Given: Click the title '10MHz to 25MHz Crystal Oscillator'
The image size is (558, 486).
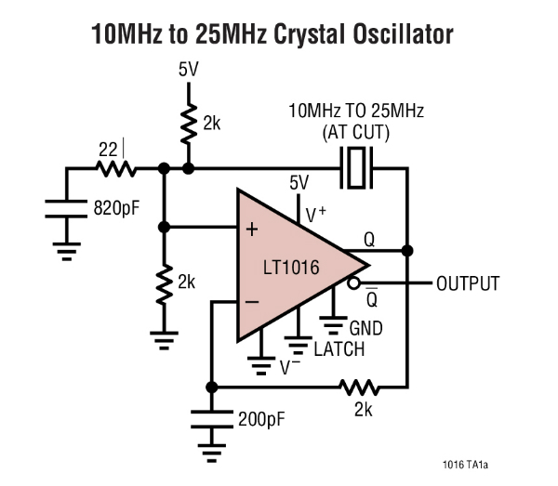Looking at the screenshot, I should click(272, 35).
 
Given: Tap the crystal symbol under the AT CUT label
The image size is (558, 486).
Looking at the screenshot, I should click(356, 168).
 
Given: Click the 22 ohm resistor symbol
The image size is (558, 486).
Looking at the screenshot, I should click(116, 169).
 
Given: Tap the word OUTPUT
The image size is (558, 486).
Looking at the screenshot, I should click(468, 283).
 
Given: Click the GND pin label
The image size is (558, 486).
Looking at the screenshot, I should click(365, 328).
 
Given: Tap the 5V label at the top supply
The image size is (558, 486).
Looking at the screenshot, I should click(188, 69).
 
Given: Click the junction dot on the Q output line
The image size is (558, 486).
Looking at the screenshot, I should click(407, 251).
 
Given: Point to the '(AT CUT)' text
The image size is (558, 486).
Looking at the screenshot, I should click(356, 132).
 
